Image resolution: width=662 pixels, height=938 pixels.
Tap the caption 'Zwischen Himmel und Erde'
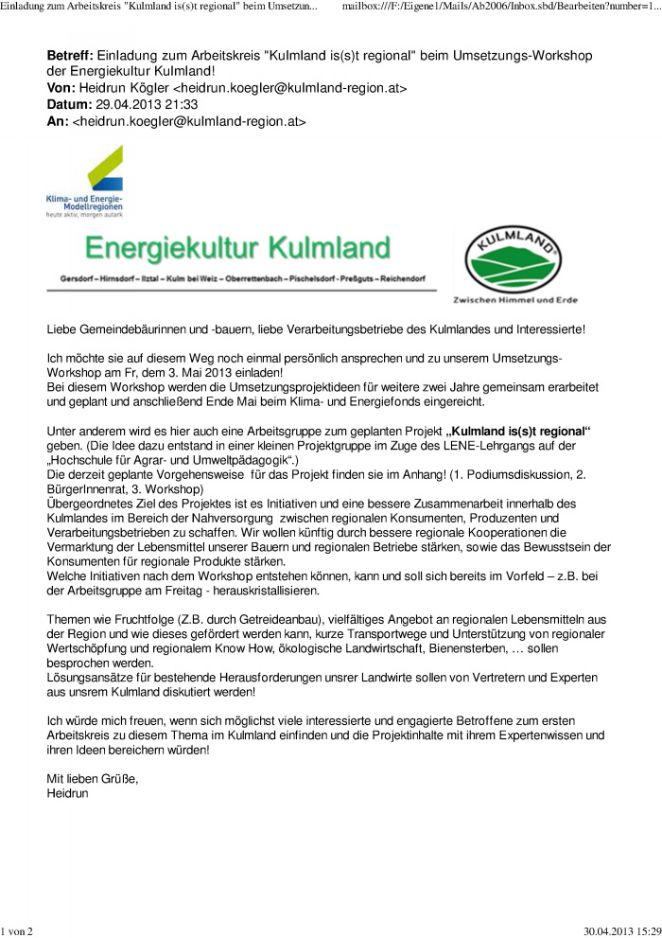coord(516,300)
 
